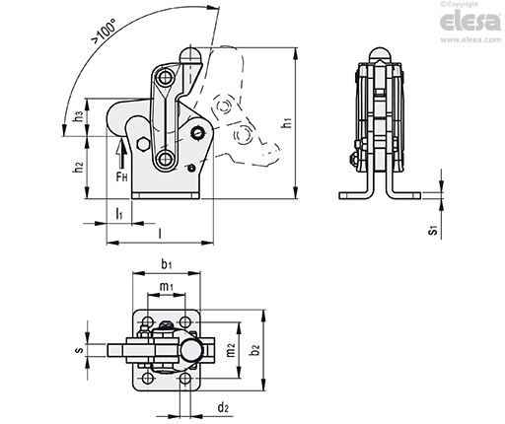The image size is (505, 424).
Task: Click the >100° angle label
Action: click(104, 32)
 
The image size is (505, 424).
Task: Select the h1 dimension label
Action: click(288, 123)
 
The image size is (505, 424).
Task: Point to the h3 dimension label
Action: click(79, 116)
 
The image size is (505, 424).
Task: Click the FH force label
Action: click(121, 177)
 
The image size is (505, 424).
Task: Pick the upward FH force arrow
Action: click(122, 153)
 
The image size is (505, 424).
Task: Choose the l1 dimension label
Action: click(119, 214)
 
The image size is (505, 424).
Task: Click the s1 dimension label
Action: click(433, 230)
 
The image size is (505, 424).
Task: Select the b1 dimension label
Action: click(166, 264)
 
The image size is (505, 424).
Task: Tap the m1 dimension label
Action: click(167, 287)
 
